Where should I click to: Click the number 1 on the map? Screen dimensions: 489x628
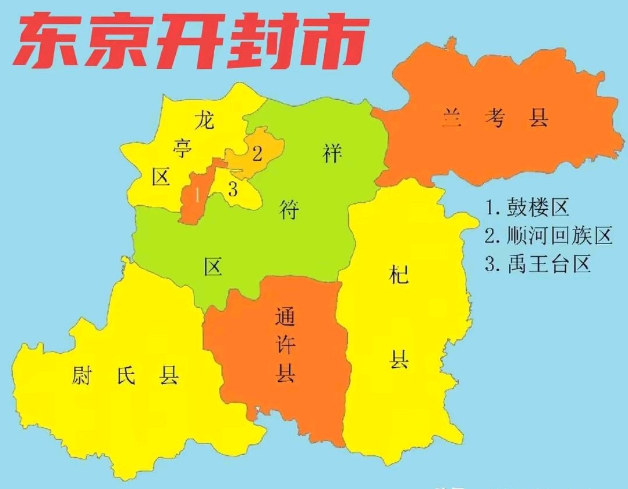point(198,195)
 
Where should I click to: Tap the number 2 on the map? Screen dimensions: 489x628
point(257,154)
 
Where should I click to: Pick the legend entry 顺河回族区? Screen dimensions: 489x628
point(548,235)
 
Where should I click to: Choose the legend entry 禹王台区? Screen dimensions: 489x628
point(538,264)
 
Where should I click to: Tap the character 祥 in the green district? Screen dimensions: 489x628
point(332,154)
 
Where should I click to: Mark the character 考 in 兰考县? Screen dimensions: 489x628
point(495,119)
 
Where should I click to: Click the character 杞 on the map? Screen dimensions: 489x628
point(399,273)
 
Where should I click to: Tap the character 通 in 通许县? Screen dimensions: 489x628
point(285,318)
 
